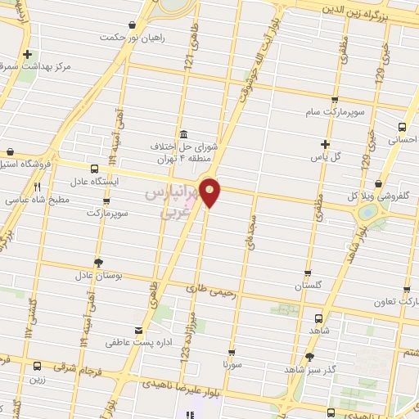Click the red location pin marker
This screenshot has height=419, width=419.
coord(210,191)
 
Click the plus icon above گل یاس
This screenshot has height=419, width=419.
coord(325,143)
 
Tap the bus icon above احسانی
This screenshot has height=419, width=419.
coord(401,127)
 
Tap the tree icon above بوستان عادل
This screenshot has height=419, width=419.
coord(99,264)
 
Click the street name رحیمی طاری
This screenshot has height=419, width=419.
coord(211,289)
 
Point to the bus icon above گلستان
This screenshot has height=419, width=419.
coord(307,273)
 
